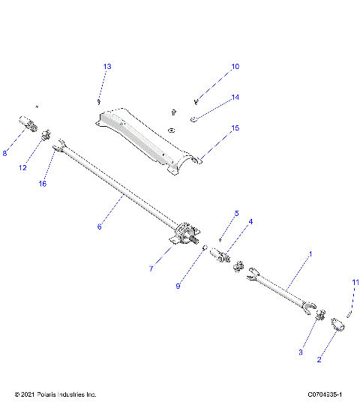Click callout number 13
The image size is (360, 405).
(x=107, y=67)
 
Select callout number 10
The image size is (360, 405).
(x=235, y=67)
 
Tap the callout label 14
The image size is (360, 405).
(x=235, y=97)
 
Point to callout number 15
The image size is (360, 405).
(x=235, y=128)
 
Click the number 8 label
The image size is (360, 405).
(x=5, y=154)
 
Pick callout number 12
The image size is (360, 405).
(x=23, y=167)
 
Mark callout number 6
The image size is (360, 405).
(x=99, y=224)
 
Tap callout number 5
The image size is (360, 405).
(x=236, y=214)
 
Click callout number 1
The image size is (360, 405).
(x=310, y=255)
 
